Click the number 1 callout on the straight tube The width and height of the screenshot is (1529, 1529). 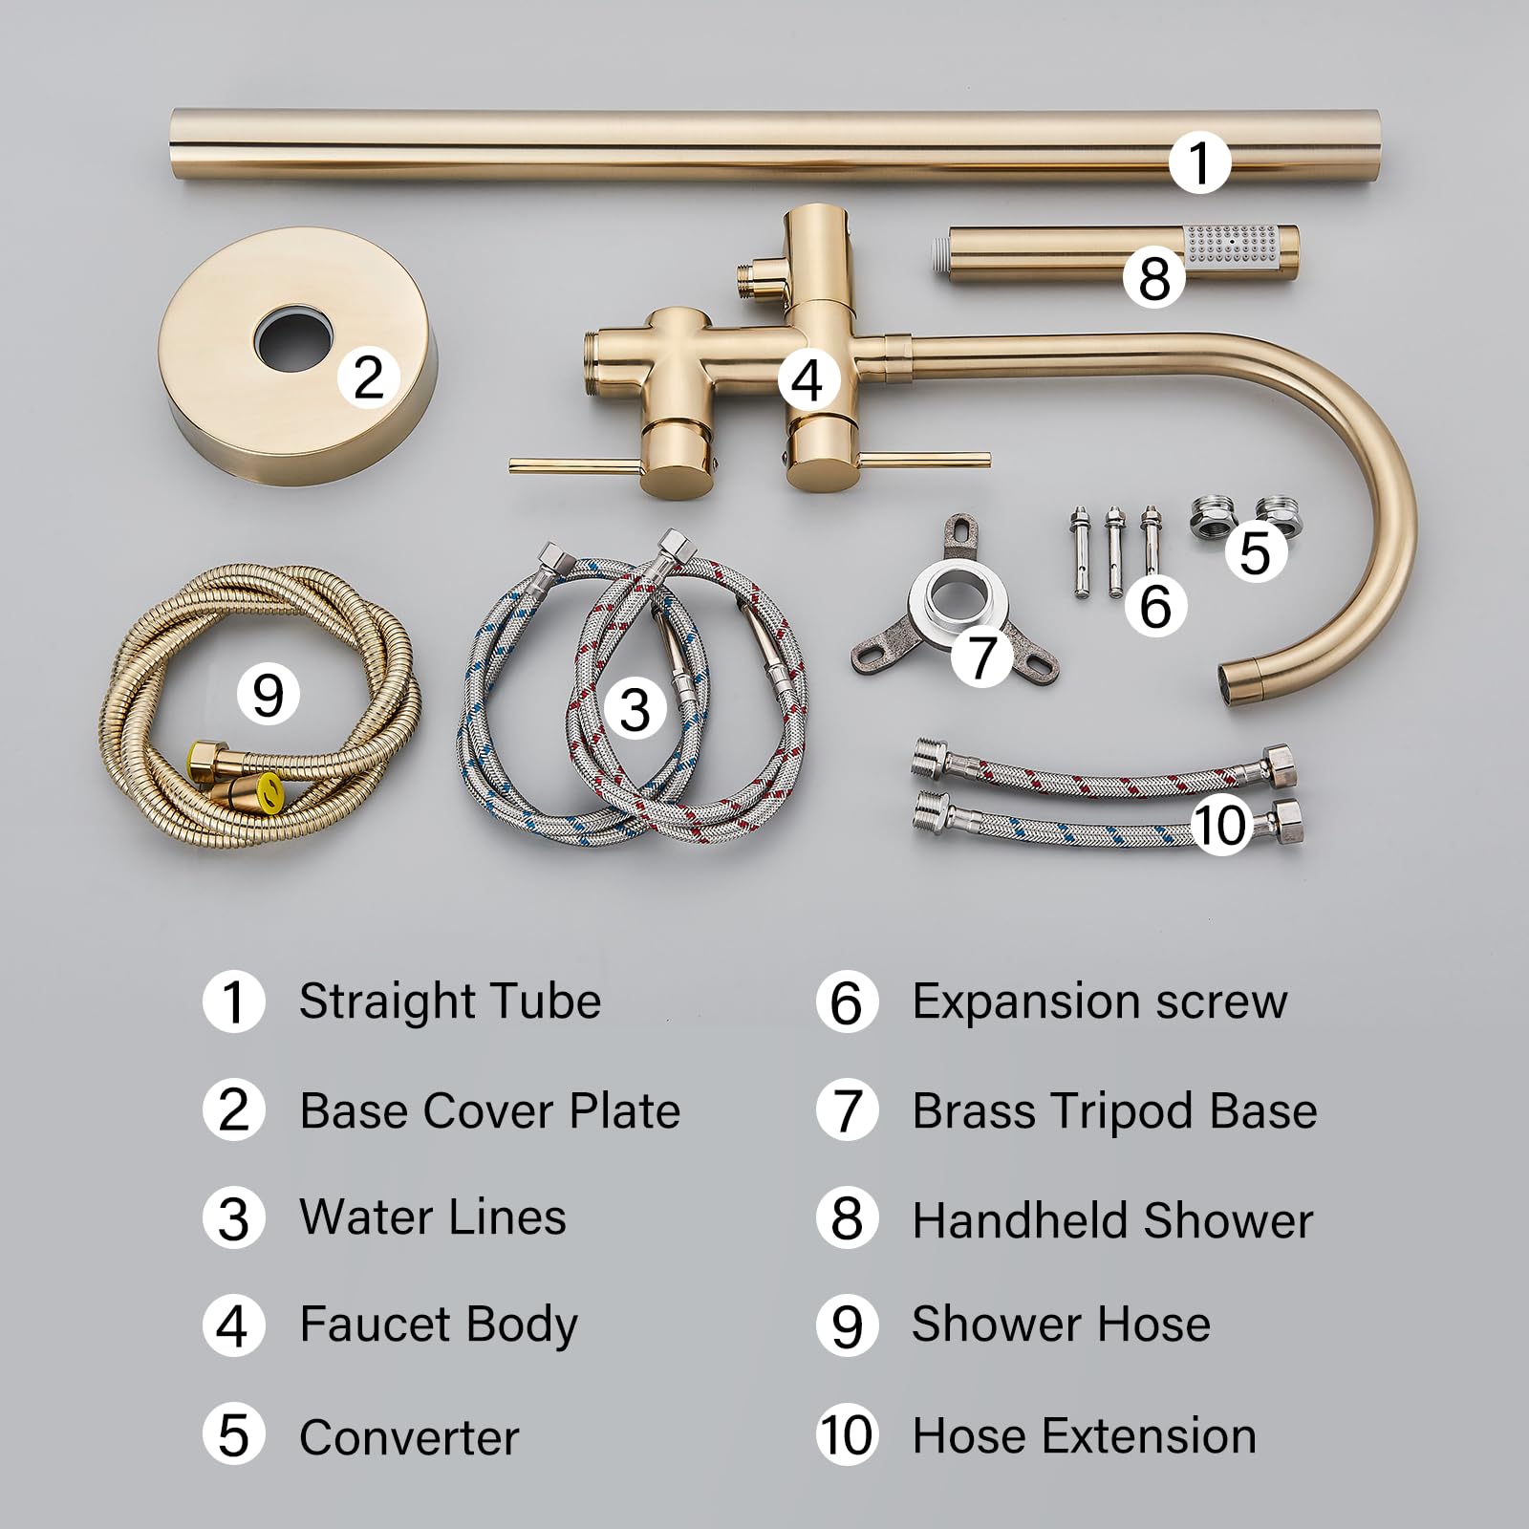point(1200,162)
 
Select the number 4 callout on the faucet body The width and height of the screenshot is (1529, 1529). point(808,380)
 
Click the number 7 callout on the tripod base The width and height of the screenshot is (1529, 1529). point(981,656)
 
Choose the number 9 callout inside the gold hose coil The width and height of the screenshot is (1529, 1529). point(269,694)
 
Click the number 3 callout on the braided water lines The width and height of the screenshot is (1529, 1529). point(635,710)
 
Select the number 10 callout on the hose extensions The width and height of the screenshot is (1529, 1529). point(1222,825)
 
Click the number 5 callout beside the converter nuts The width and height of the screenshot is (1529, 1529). point(1255,552)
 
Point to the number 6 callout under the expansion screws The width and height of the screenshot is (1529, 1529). point(1156,606)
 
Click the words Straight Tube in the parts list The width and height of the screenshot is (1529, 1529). point(450,1002)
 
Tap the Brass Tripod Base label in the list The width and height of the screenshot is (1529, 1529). point(1114,1111)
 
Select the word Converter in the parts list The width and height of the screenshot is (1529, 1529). point(409,1437)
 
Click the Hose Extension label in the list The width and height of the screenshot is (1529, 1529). point(1085,1436)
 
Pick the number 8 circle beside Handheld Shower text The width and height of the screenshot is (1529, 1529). point(847,1218)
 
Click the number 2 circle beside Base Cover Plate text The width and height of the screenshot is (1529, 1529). point(233,1110)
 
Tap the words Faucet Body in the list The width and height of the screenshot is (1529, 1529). point(439,1326)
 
